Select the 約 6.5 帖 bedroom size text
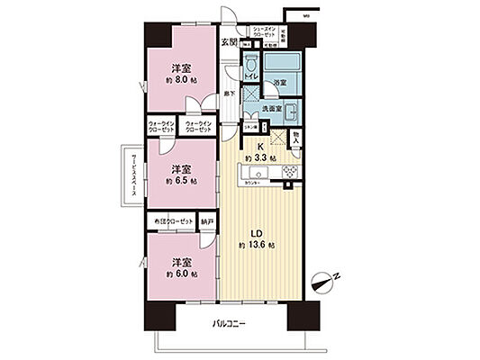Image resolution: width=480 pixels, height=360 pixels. (181, 180)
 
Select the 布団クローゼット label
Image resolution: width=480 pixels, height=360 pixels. (174, 221)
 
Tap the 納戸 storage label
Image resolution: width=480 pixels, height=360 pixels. (208, 221)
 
